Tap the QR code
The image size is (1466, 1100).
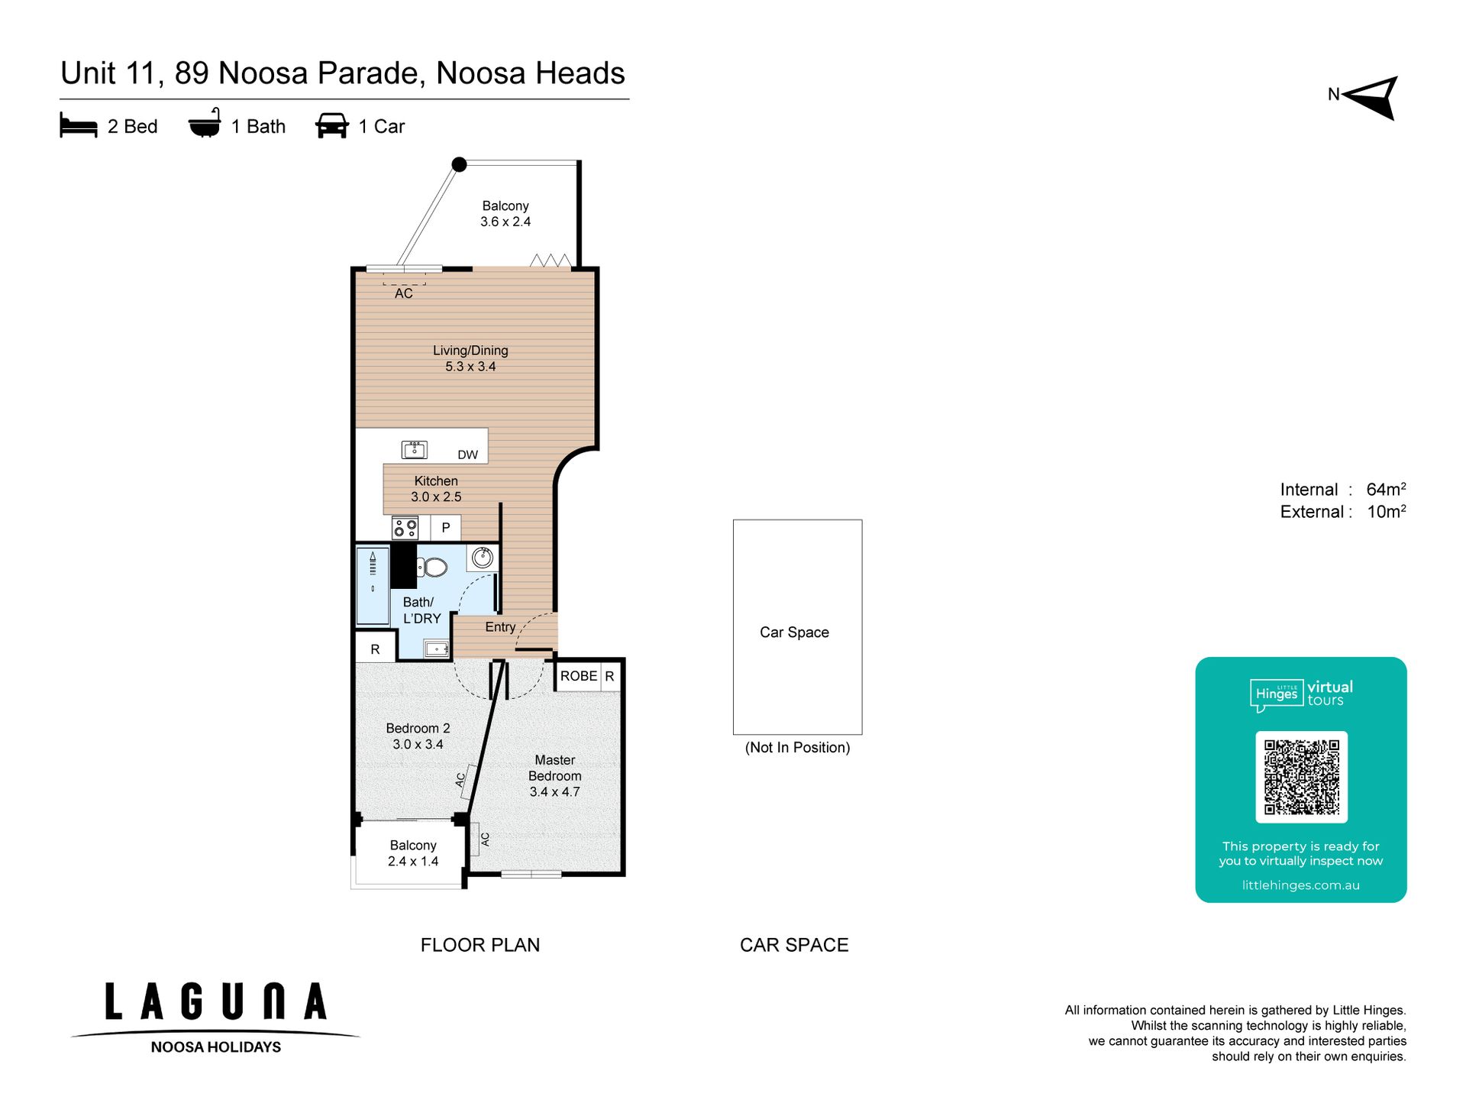1301,777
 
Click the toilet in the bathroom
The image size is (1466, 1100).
432,567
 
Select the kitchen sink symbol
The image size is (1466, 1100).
415,449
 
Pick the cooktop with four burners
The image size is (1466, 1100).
405,527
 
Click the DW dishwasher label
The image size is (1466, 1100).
467,455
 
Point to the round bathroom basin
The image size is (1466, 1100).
482,558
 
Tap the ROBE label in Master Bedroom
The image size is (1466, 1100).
579,676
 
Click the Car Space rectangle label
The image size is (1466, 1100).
794,632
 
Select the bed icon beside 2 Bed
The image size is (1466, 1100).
79,125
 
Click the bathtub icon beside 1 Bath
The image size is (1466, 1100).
205,123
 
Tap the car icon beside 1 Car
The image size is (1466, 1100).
332,125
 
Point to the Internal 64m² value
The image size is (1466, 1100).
1386,489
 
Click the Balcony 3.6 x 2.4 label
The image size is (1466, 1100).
505,214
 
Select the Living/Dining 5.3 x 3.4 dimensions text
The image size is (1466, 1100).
470,367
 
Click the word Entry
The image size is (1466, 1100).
500,626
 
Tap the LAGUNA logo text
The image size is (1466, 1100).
216,1001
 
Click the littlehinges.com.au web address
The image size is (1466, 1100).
1300,885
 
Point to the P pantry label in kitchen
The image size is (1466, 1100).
446,527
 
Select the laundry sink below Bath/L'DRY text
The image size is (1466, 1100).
437,649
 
